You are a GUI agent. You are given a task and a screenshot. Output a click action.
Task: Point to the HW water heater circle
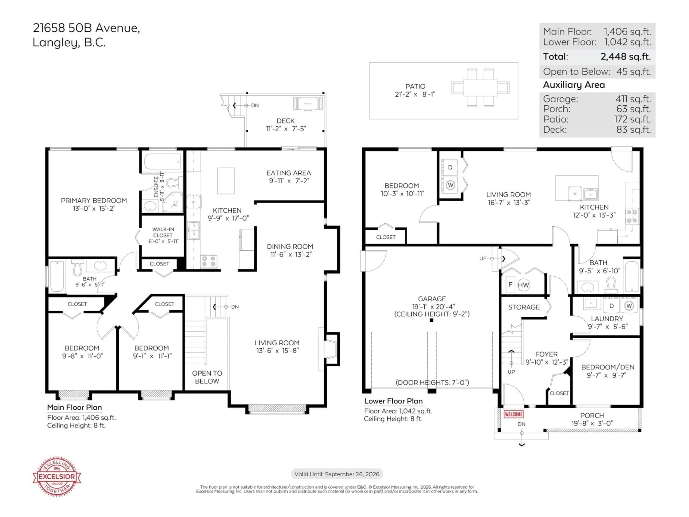523,285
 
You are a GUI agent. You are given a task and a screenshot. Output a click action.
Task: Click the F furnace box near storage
510,285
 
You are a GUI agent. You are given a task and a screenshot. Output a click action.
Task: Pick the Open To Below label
207,377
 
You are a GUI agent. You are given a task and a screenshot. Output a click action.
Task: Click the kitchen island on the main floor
226,181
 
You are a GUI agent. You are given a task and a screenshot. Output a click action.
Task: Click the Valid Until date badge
337,474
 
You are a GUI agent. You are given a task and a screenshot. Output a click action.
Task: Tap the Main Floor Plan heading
74,407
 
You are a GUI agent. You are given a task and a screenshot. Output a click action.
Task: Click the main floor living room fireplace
331,349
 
